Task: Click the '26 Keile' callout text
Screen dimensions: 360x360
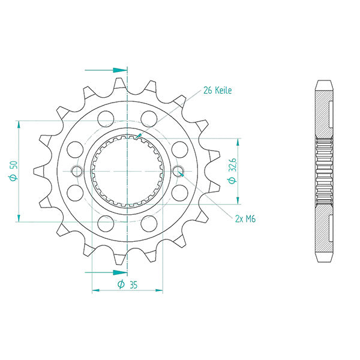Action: (217, 91)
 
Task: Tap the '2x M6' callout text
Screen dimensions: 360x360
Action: (245, 220)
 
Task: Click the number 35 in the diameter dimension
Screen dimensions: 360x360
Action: (133, 284)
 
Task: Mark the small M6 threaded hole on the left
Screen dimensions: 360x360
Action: (76, 171)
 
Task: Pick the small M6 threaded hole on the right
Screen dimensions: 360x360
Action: (178, 172)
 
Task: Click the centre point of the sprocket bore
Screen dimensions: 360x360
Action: (127, 171)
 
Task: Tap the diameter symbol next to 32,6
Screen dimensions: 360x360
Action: (233, 180)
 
